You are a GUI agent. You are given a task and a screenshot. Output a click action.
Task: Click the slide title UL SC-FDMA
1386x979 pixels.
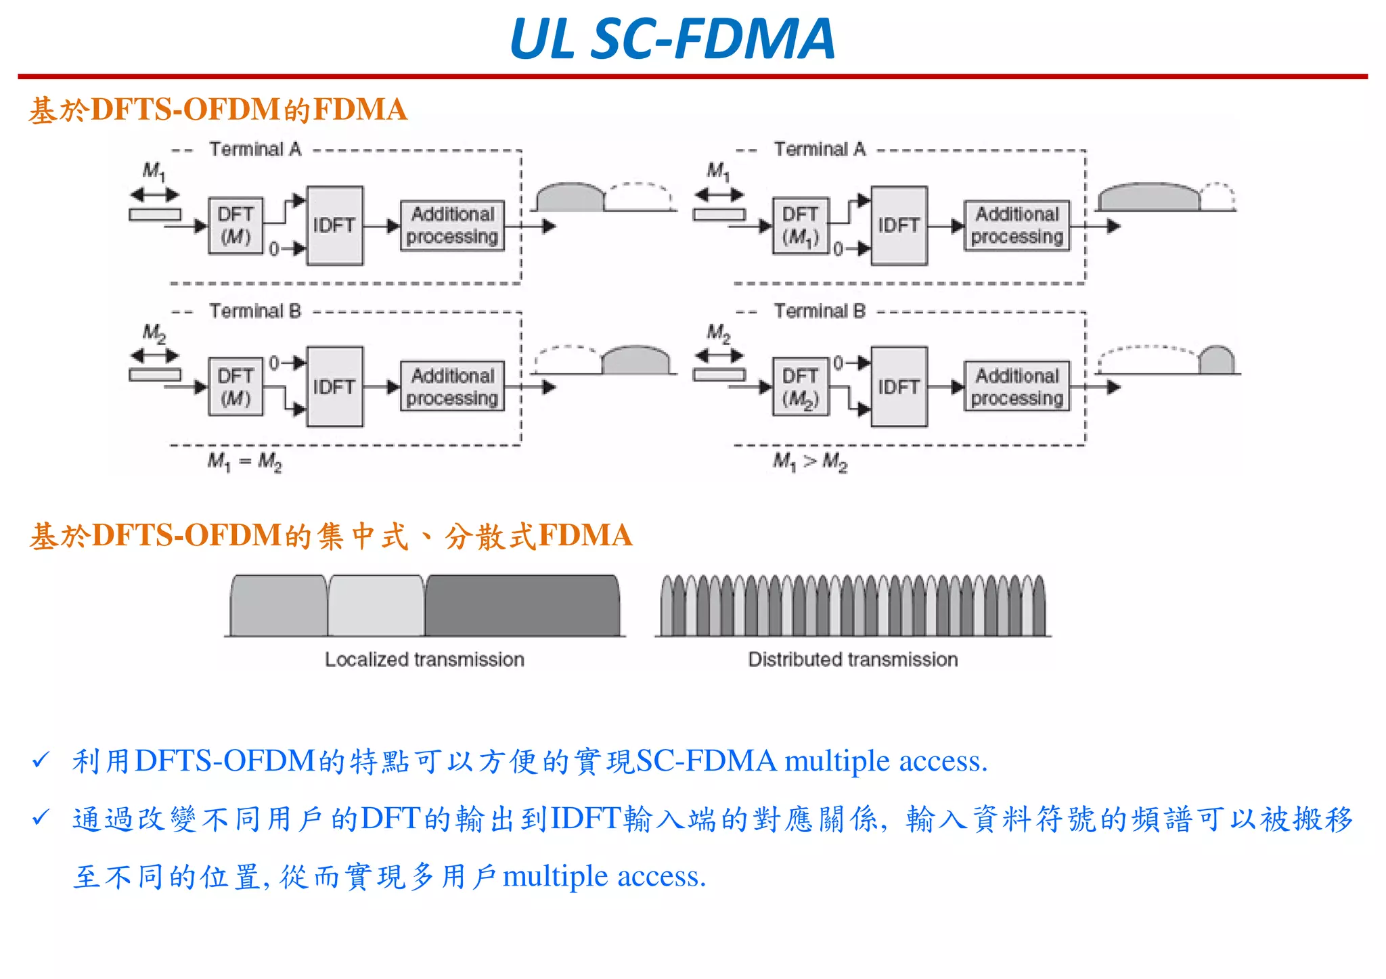click(x=672, y=39)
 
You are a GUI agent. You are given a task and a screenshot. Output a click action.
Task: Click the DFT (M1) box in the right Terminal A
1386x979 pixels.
click(x=800, y=226)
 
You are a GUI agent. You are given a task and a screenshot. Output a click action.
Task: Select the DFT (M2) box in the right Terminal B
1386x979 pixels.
click(x=800, y=387)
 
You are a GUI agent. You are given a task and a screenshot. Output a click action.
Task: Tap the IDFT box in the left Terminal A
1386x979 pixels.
click(x=334, y=225)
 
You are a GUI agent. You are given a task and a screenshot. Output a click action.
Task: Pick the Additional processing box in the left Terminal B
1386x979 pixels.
click(x=452, y=386)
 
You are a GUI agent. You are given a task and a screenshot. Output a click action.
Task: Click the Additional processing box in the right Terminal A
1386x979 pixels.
click(x=1016, y=225)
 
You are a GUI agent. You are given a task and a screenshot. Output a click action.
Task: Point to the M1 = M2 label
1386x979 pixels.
click(x=244, y=462)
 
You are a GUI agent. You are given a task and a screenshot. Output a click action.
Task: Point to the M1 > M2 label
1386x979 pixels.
click(x=810, y=462)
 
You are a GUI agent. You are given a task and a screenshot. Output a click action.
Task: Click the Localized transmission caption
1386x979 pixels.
click(x=424, y=660)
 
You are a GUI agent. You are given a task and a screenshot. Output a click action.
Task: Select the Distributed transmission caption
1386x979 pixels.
click(x=853, y=660)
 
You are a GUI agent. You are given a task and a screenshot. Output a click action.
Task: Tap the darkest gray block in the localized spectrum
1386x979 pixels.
click(x=522, y=606)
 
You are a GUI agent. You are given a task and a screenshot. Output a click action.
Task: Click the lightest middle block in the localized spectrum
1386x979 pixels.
click(x=376, y=606)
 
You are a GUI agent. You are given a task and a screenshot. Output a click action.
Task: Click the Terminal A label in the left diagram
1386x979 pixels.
click(x=254, y=149)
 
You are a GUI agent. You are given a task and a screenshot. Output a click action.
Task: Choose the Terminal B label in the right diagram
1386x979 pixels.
click(x=820, y=311)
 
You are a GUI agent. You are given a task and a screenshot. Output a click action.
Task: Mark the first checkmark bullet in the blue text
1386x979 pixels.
click(x=41, y=760)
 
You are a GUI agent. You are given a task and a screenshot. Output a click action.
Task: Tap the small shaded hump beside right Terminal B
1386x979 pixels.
click(x=1216, y=361)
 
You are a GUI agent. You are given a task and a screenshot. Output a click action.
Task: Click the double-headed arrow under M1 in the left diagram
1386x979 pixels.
click(x=154, y=195)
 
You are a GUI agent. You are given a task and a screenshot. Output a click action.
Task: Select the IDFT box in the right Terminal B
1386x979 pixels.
click(x=899, y=387)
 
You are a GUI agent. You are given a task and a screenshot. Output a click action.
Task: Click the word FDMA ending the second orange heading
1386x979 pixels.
click(x=585, y=535)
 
